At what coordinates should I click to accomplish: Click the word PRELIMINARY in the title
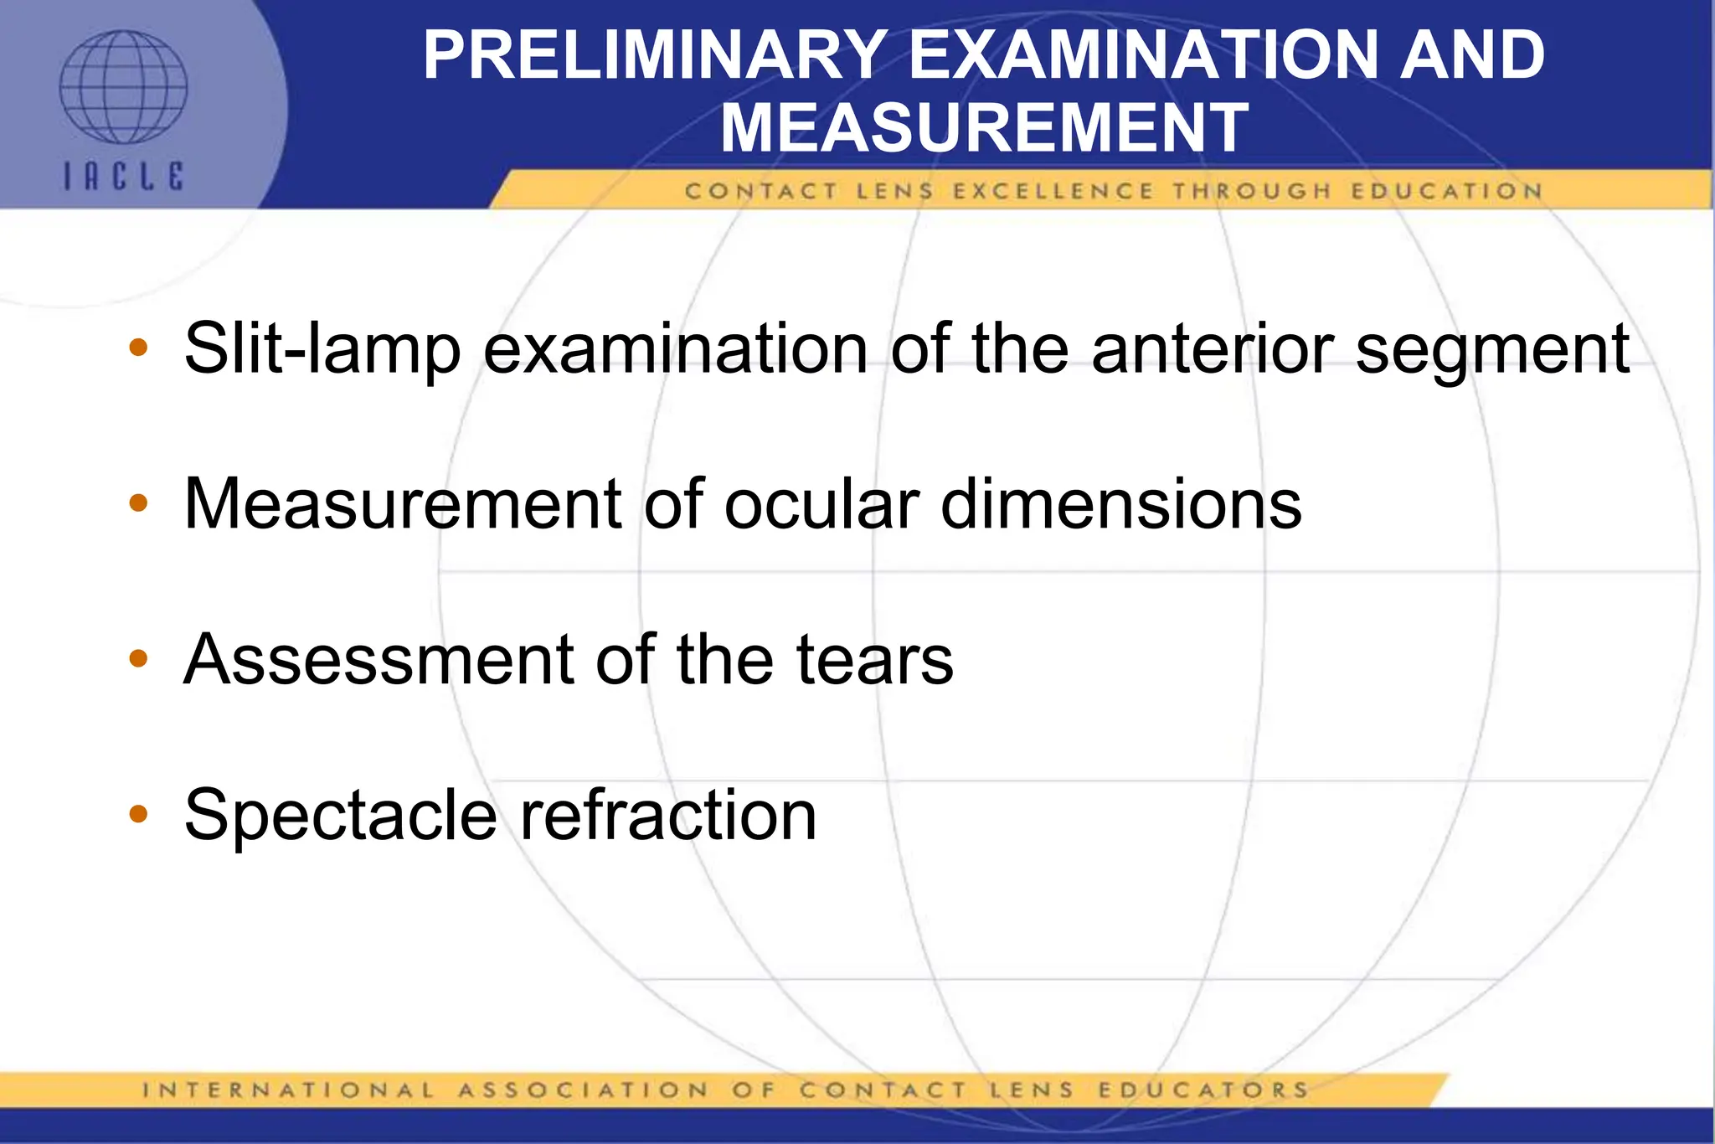[654, 55]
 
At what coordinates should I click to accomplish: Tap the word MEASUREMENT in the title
[985, 127]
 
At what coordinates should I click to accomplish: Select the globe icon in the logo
[123, 87]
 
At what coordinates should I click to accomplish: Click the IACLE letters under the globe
[124, 177]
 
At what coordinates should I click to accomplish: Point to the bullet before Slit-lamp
[139, 347]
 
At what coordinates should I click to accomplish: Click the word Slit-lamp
[322, 348]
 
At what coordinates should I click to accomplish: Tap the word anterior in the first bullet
[1212, 348]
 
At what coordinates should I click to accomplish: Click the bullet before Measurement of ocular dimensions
[139, 503]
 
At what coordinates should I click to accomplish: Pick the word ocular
[821, 504]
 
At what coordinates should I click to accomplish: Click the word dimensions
[1120, 504]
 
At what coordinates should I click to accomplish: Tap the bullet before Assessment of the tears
[139, 659]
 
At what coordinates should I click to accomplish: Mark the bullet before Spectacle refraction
[139, 813]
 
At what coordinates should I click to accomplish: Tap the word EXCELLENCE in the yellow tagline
[1053, 192]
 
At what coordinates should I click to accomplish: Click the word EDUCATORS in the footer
[1203, 1090]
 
